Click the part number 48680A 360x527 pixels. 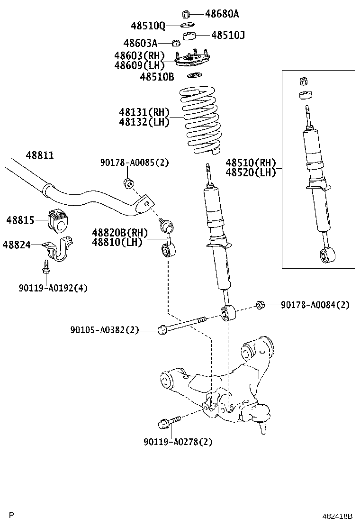222,14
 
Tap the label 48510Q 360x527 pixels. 148,25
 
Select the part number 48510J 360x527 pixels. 228,35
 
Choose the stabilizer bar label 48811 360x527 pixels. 39,155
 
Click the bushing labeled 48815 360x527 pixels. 58,220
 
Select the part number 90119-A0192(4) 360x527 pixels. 53,288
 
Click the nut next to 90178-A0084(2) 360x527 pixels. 260,305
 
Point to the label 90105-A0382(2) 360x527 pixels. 104,330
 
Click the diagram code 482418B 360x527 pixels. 338,516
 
